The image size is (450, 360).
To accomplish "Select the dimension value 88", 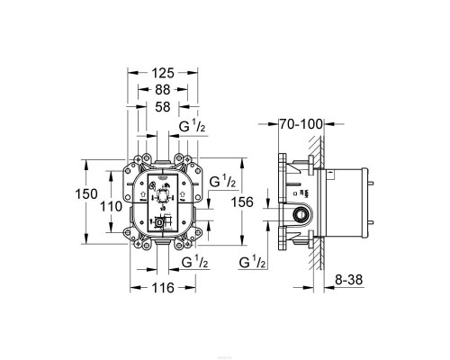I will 162,89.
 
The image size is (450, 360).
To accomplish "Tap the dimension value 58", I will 162,108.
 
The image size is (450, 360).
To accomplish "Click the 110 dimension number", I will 110,207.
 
